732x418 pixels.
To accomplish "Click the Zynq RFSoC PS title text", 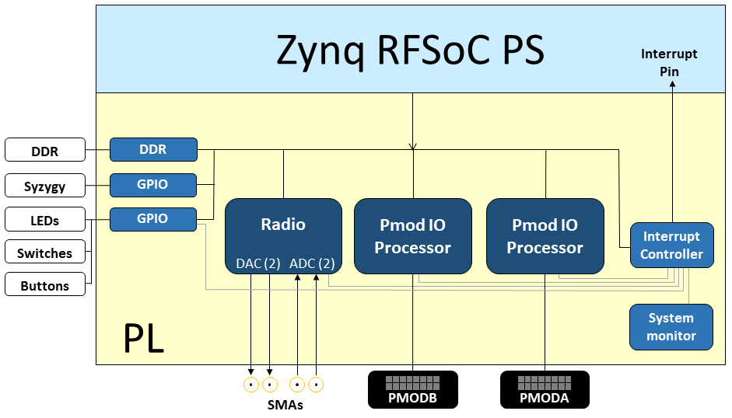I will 411,51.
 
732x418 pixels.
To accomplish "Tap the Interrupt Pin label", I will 669,63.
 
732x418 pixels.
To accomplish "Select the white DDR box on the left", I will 44,152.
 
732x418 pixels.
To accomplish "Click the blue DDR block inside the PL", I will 152,149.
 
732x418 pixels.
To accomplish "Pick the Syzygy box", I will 44,186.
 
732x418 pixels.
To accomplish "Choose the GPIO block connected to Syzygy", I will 152,185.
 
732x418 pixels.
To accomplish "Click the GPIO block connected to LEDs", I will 152,219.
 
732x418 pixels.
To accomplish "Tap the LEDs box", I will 44,221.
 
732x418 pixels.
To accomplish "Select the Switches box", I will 44,253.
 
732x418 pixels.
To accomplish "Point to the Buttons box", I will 44,286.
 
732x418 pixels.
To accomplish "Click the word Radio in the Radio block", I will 283,225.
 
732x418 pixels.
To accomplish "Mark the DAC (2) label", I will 257,263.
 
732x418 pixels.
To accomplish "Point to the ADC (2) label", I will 311,263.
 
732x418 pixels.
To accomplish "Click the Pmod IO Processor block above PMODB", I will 412,236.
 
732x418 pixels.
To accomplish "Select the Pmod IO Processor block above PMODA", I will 545,236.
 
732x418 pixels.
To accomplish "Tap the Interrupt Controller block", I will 671,245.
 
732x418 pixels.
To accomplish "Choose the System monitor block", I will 671,326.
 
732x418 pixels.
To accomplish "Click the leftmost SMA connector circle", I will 251,385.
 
